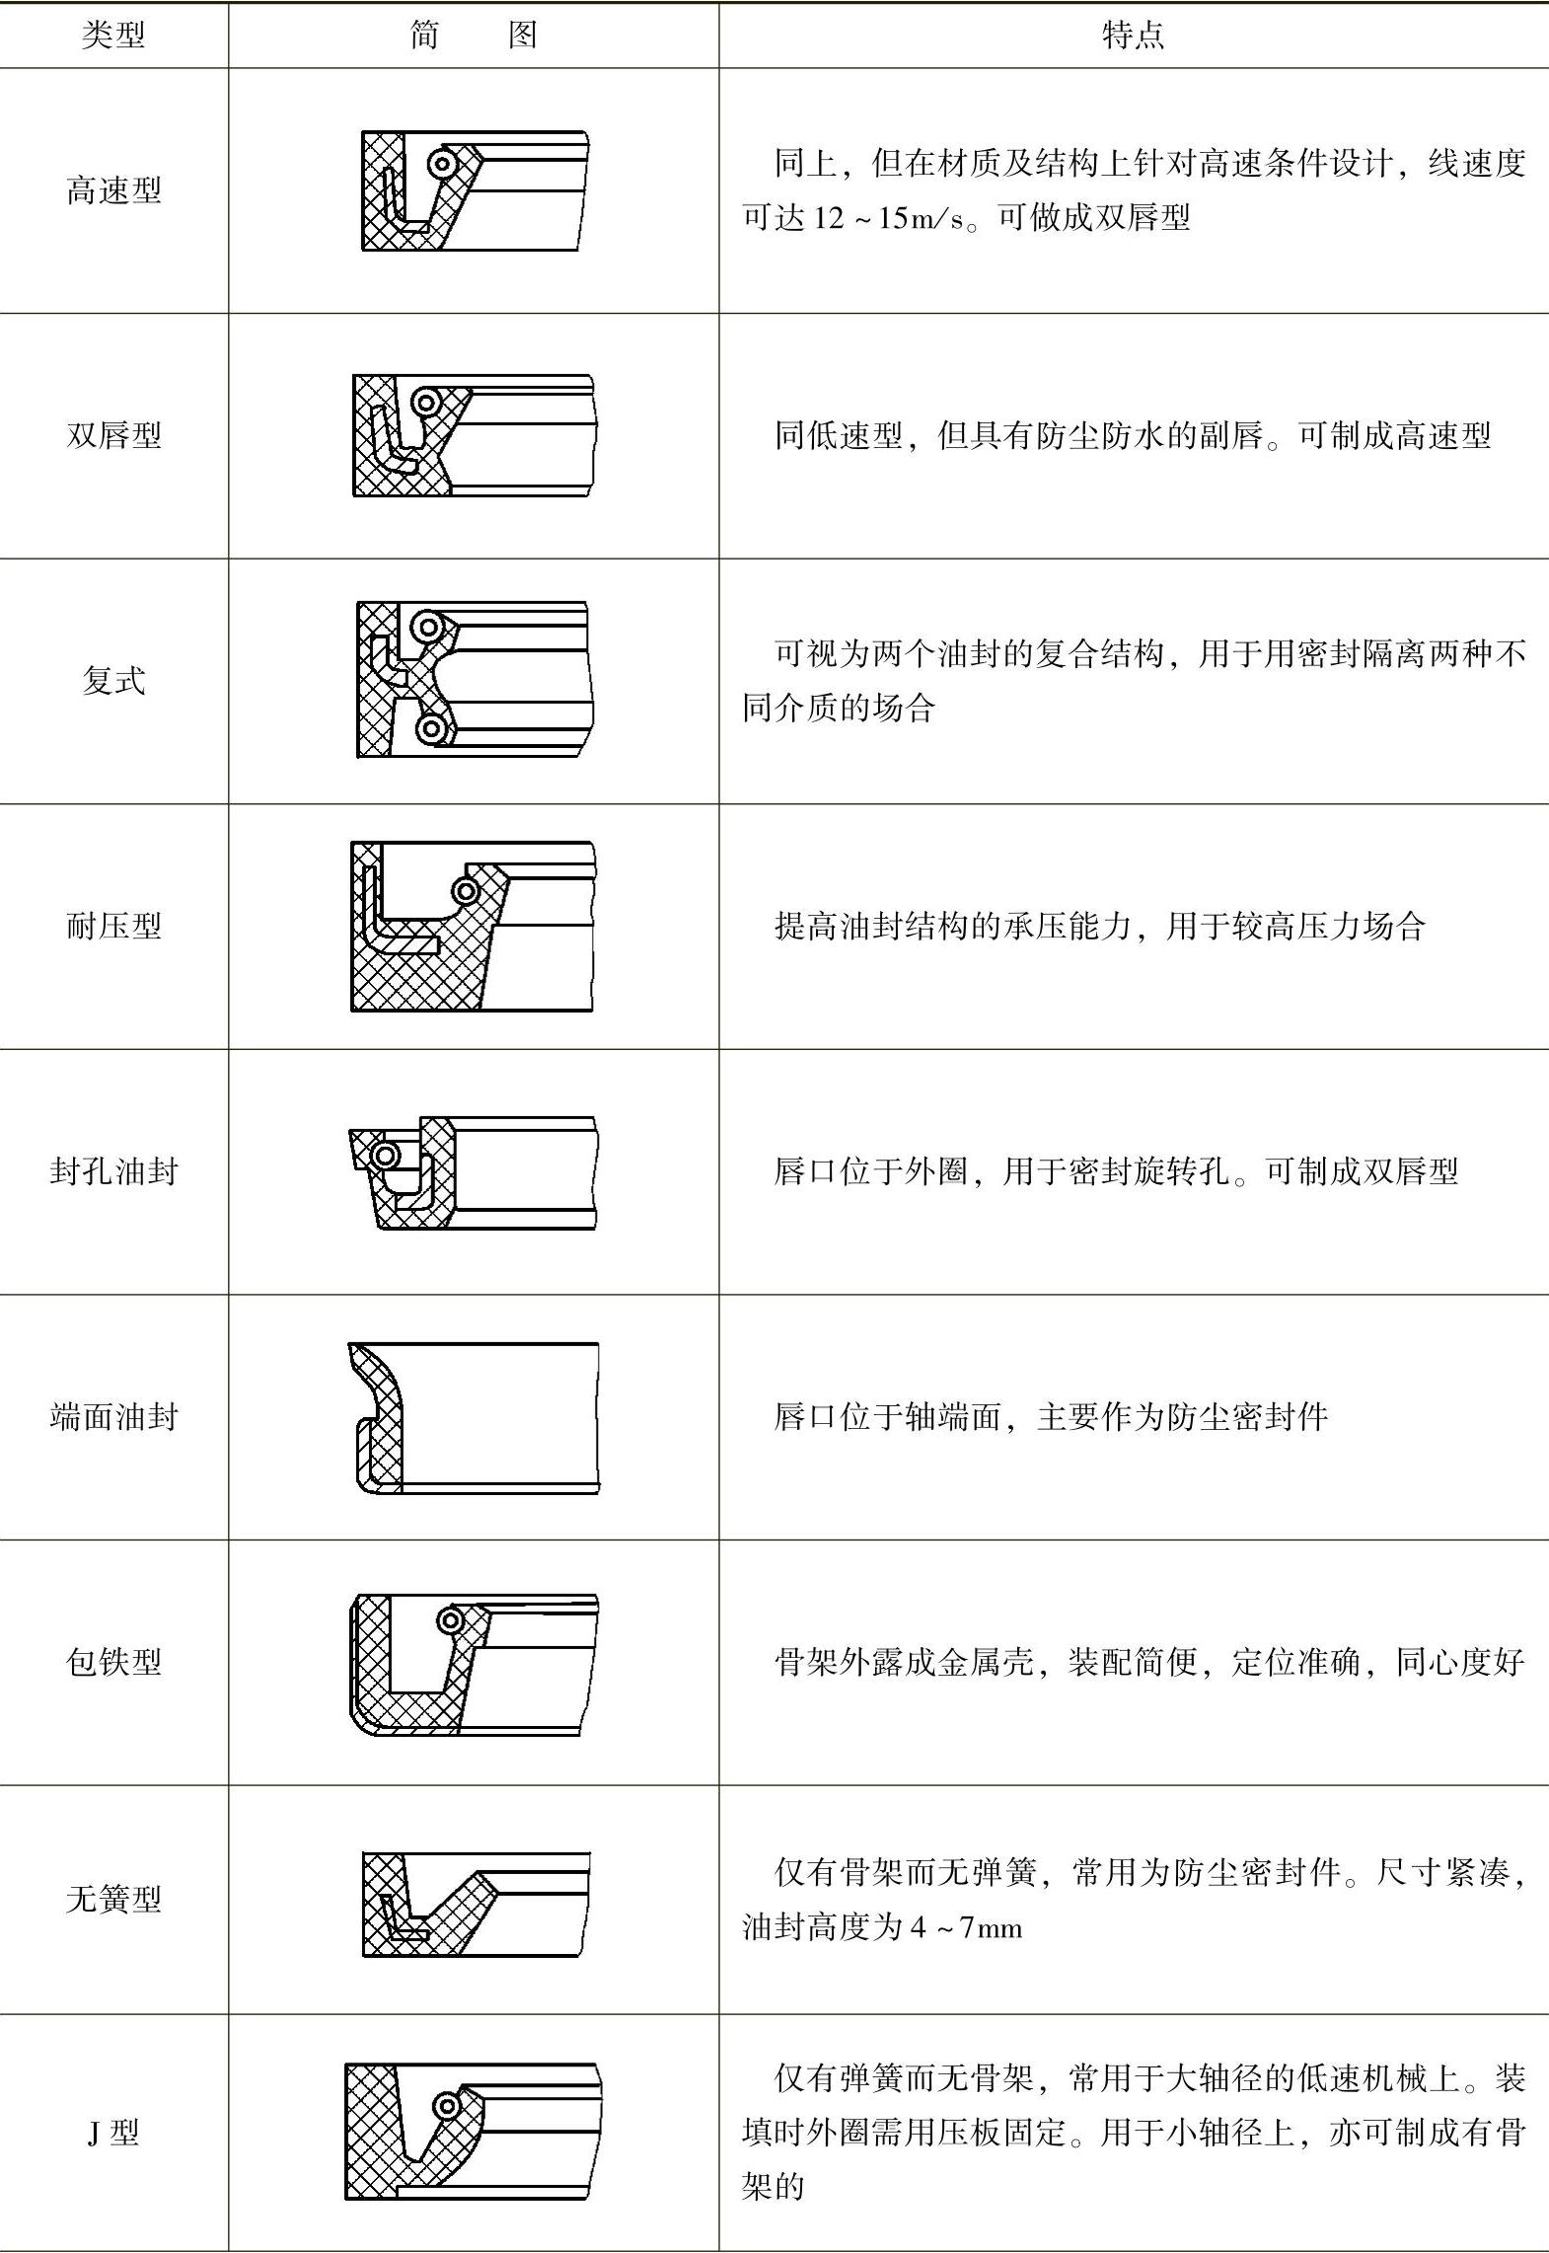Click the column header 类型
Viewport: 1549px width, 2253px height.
[113, 36]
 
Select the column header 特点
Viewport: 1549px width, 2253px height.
[1133, 36]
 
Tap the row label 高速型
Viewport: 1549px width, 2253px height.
[113, 189]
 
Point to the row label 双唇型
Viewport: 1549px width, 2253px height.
[113, 434]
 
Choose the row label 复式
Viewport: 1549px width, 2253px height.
[113, 680]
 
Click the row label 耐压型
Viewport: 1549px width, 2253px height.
[113, 926]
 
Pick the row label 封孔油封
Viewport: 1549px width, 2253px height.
[113, 1171]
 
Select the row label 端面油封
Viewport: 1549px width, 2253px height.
[113, 1417]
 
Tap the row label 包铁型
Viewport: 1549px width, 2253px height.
[113, 1662]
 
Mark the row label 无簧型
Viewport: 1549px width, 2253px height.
[113, 1899]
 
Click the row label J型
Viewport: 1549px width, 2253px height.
[113, 2133]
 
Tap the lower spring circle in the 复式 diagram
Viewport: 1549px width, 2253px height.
[430, 729]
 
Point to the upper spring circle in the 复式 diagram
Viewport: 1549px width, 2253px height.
[428, 626]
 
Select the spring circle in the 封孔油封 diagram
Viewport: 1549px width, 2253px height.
[385, 1155]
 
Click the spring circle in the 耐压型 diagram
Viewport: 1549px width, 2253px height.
[466, 892]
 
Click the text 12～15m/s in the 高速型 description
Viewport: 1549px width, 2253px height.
[888, 218]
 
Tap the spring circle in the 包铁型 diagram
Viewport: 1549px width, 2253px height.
[451, 1620]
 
